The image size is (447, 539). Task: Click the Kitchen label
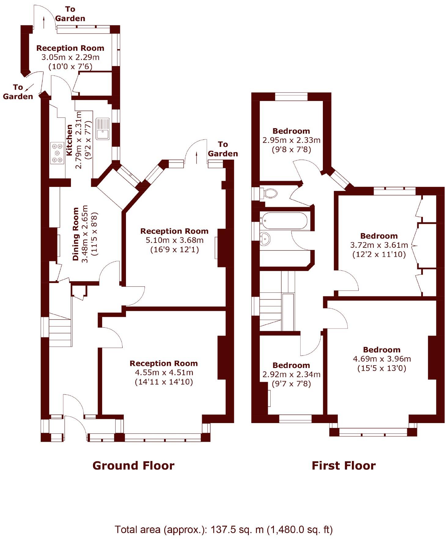tap(70, 140)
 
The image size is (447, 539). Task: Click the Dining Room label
tap(76, 234)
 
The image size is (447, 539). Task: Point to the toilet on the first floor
tap(270, 193)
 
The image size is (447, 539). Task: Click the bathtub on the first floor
tap(283, 220)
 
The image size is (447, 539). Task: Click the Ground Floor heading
tap(133, 466)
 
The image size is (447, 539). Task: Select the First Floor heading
tap(343, 466)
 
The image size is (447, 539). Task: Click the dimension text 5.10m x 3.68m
tap(175, 240)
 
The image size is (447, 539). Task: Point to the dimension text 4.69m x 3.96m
tap(382, 359)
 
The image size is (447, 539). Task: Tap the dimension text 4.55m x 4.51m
tap(164, 373)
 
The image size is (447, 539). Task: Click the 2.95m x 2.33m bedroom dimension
tap(291, 140)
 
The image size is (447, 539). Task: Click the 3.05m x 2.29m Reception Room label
tap(70, 48)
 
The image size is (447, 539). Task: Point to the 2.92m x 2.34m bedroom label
tap(291, 365)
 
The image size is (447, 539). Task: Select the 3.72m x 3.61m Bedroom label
tap(379, 236)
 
